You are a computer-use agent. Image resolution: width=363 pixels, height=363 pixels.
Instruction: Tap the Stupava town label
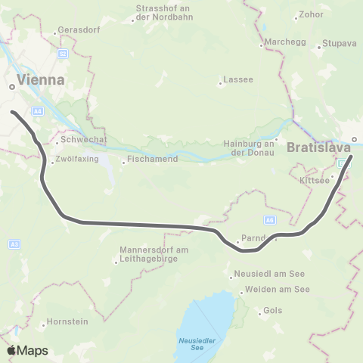339,44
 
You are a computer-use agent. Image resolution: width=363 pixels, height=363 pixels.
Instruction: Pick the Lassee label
233,81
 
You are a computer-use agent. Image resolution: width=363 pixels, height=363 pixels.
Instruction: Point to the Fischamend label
153,160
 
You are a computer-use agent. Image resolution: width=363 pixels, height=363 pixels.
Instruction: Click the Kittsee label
315,181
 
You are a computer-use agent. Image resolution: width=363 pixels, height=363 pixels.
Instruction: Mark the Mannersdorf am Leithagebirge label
147,256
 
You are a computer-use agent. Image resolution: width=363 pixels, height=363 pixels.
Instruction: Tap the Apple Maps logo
28,350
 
